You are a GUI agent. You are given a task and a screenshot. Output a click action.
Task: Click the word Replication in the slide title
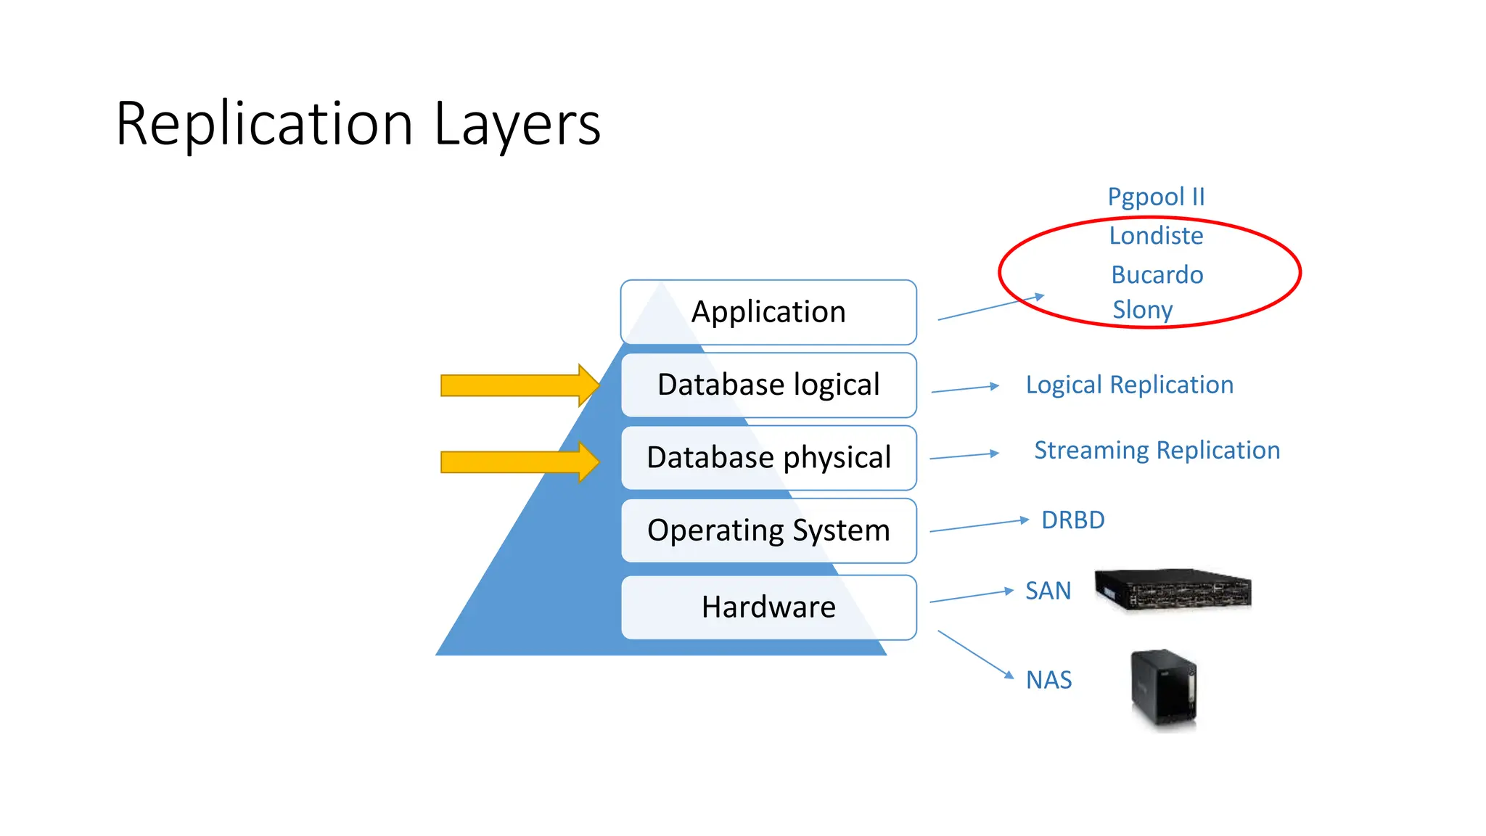click(x=264, y=124)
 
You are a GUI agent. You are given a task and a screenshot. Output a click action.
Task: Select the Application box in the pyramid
click(x=768, y=312)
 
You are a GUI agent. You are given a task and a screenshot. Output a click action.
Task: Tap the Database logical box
click(x=768, y=385)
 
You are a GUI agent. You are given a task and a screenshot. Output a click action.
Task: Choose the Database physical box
click(x=768, y=457)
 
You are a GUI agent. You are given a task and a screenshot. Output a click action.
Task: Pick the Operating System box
click(x=768, y=530)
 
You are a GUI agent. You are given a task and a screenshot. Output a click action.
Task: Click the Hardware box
click(x=768, y=607)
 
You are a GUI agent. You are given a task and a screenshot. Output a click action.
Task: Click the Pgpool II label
click(x=1155, y=197)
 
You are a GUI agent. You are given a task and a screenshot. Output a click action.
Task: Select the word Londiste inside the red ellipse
click(x=1156, y=236)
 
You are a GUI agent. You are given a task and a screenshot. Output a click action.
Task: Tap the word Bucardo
click(x=1157, y=275)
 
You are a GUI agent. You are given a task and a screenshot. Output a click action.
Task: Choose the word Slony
click(x=1142, y=310)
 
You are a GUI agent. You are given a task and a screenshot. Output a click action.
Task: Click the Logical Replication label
click(x=1129, y=385)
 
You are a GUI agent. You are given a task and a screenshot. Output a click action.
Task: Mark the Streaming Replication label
click(x=1157, y=450)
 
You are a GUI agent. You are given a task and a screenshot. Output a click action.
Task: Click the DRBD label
click(x=1072, y=520)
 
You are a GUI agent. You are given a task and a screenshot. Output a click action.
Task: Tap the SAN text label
click(x=1048, y=591)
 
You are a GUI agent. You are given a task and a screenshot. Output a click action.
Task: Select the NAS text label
click(x=1048, y=680)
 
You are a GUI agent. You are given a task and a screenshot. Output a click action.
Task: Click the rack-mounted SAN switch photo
click(x=1173, y=589)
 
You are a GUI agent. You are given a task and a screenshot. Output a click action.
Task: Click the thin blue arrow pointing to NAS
click(x=975, y=654)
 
